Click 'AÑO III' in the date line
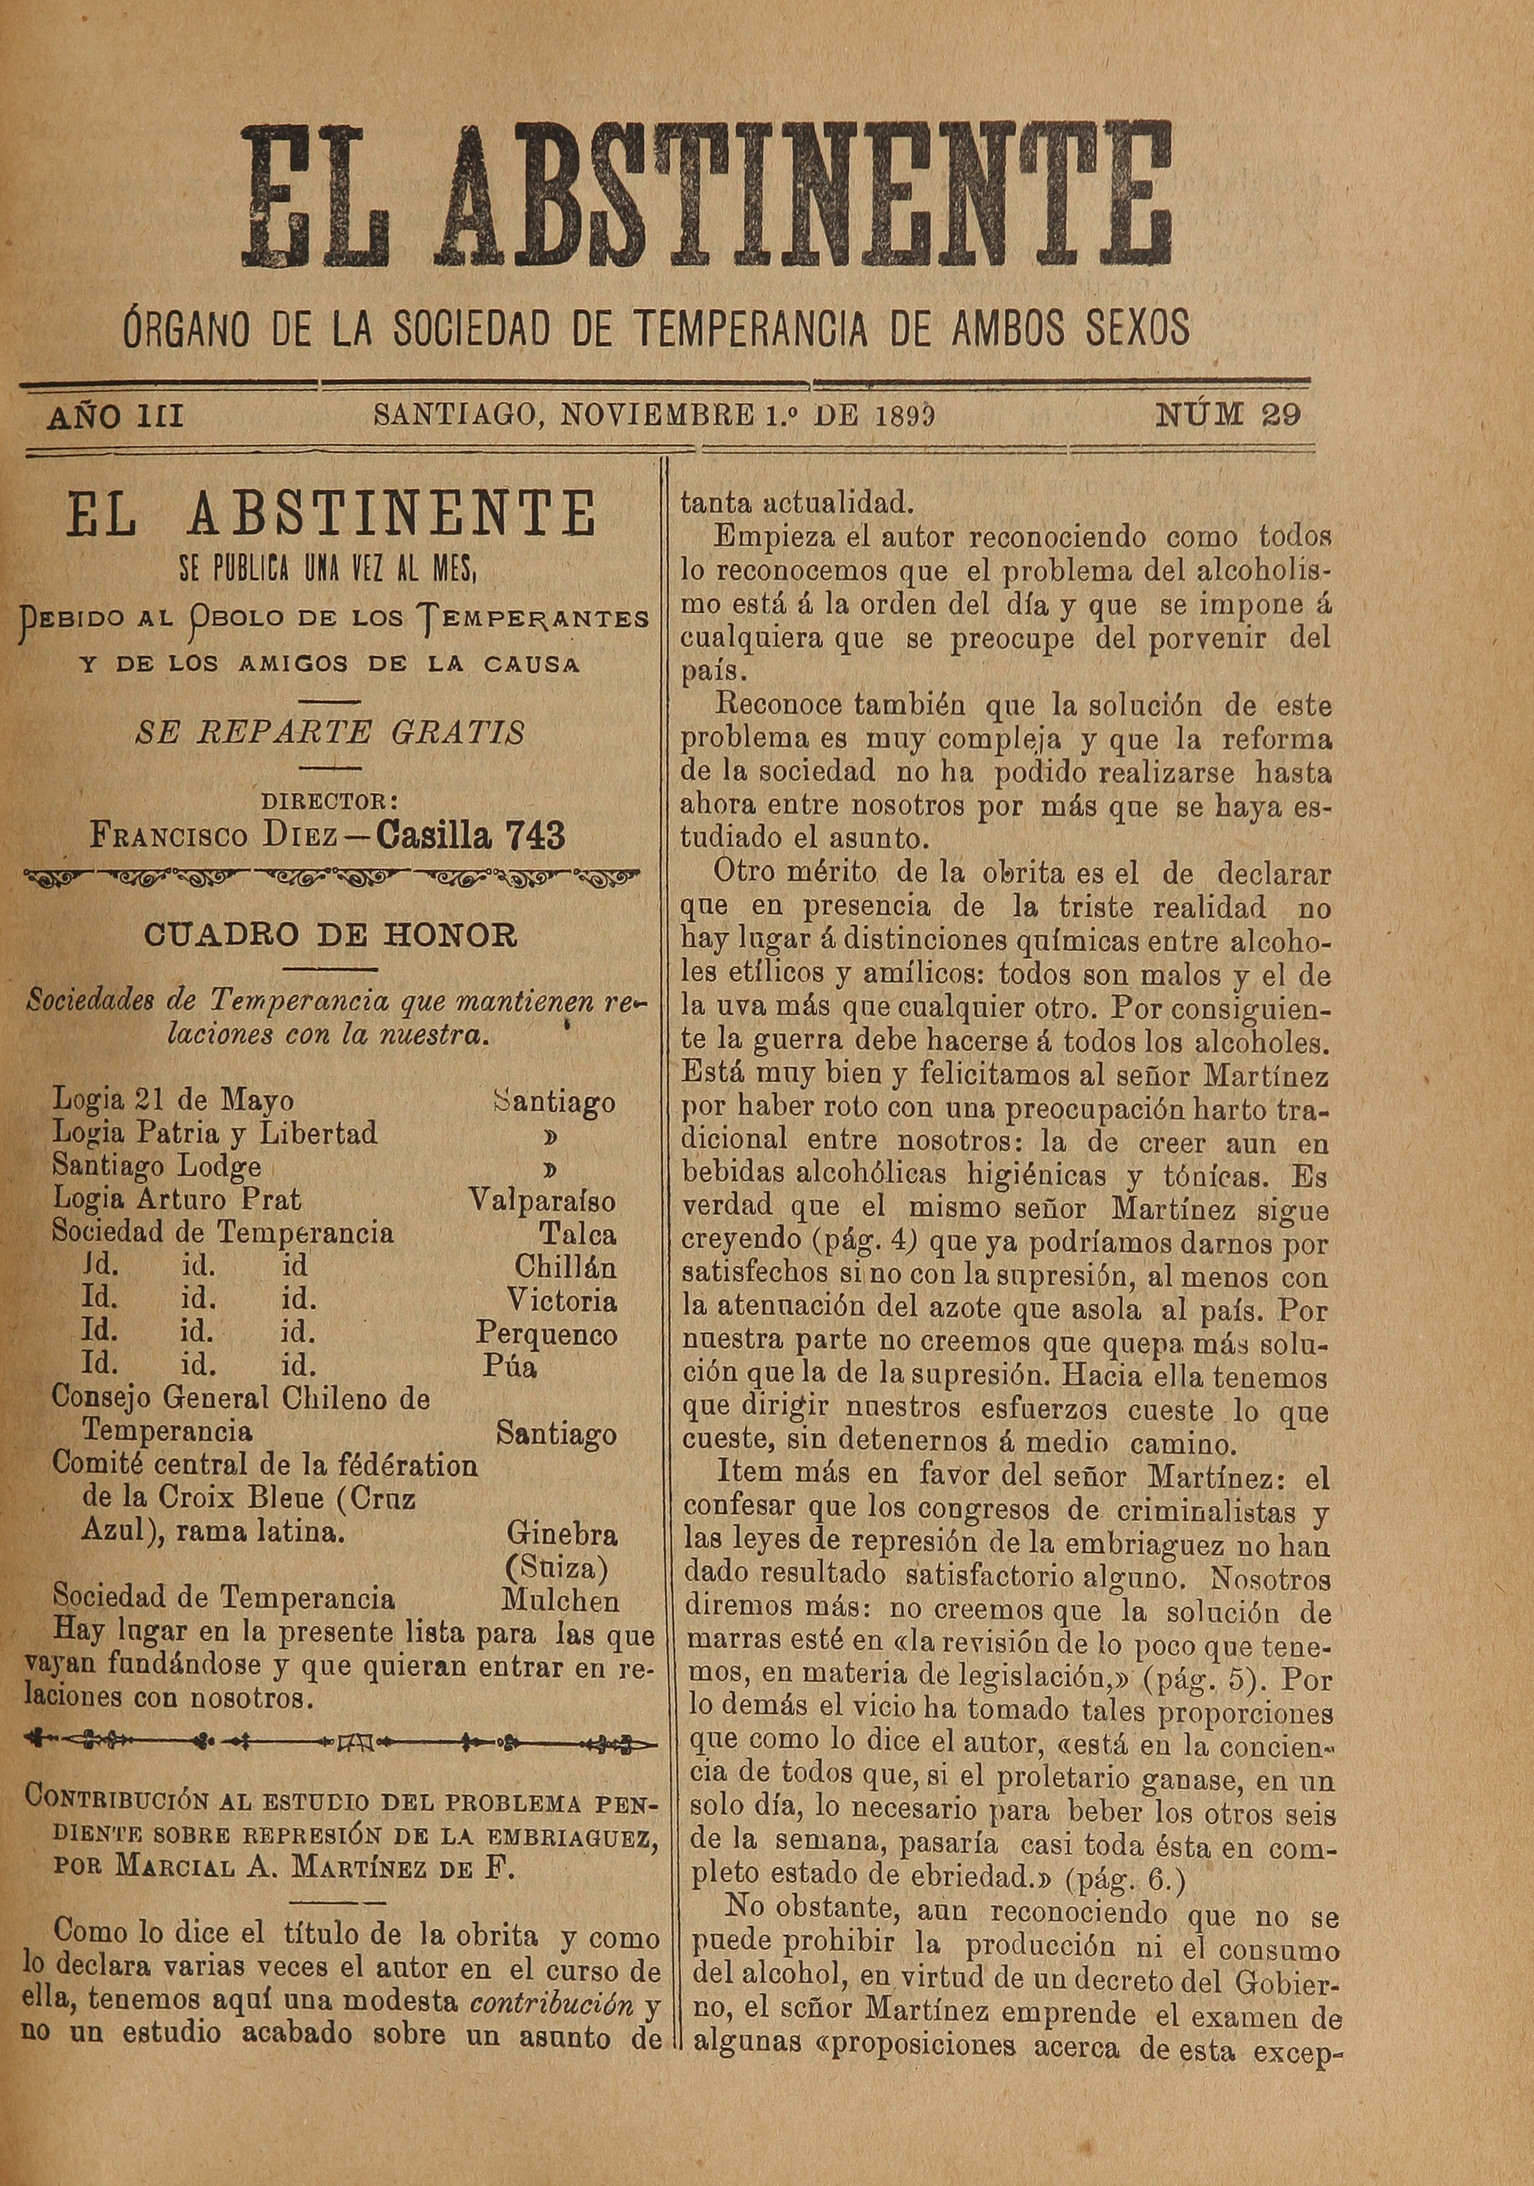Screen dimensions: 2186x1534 tap(115, 416)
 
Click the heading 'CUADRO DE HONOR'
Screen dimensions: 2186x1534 tap(330, 936)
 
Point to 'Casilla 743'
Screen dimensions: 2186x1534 tap(471, 836)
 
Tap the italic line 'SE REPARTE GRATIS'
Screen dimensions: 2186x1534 tap(330, 733)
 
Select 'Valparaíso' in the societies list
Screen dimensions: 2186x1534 tap(543, 1200)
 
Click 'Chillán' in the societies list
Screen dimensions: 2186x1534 tap(565, 1267)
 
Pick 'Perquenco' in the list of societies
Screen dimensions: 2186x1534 tap(546, 1334)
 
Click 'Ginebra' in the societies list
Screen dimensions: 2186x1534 tap(562, 1533)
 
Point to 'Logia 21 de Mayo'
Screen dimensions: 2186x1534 tap(172, 1101)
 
